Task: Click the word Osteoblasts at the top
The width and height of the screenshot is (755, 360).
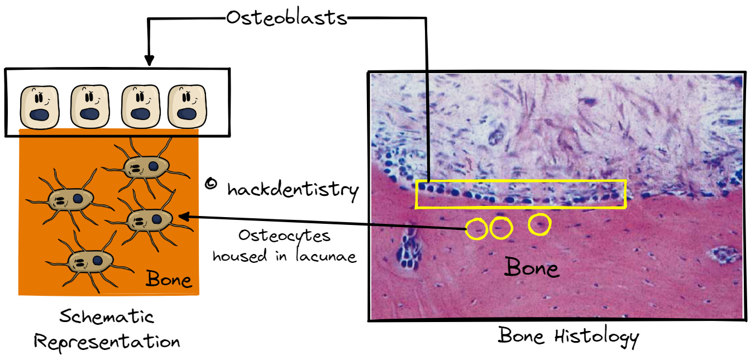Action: (286, 18)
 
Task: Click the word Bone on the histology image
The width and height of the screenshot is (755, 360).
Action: (532, 268)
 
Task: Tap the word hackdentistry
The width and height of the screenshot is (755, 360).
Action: (293, 190)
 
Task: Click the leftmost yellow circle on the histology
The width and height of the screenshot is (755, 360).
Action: (476, 229)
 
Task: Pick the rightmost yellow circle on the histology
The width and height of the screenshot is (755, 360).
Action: (539, 224)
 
